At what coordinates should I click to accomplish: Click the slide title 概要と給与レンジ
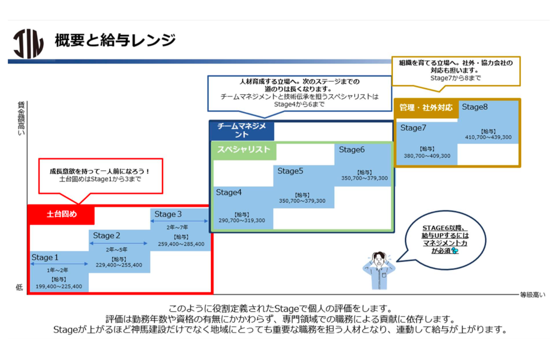tap(115, 40)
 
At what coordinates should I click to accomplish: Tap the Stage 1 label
tap(45, 258)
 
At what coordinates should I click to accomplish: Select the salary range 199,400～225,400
tap(59, 287)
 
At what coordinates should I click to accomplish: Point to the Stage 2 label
tap(106, 236)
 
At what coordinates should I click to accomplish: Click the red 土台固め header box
tap(61, 214)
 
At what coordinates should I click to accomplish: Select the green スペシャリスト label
tap(243, 150)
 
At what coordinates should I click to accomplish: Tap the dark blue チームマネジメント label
tap(242, 130)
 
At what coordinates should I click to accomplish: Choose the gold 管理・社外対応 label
tap(426, 108)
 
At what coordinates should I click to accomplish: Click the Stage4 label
tap(229, 192)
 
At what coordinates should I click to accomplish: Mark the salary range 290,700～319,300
tap(242, 221)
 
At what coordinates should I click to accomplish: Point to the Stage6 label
tap(352, 150)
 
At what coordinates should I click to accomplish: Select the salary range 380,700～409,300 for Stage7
tap(427, 156)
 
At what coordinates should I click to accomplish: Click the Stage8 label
tap(475, 107)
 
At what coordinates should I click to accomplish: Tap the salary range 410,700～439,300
tap(488, 137)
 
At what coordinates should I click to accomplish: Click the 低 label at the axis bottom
tap(19, 287)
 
